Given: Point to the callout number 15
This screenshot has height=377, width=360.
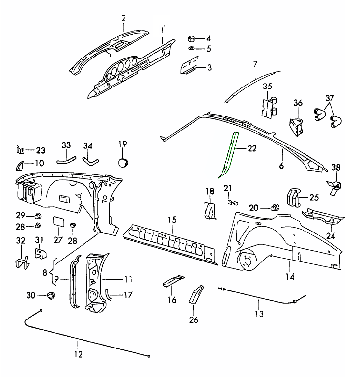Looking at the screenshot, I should tap(171, 219).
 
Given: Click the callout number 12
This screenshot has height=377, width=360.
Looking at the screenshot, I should tap(78, 354).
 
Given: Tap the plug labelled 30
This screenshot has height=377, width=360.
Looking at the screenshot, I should tap(50, 295).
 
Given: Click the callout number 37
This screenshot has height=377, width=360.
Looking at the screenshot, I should tap(330, 97).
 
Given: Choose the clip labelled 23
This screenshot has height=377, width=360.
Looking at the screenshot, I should tap(21, 149).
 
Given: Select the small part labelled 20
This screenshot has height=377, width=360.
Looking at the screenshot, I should tap(276, 207).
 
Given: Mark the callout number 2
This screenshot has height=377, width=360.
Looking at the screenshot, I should tap(124, 19).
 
